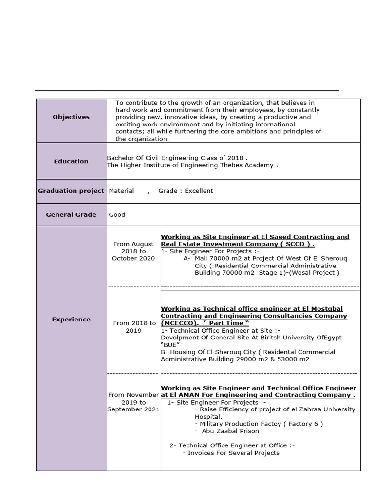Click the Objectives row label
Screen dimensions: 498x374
point(71,117)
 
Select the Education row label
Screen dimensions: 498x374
point(71,161)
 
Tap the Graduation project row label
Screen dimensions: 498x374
point(71,191)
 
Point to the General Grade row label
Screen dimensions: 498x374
point(71,214)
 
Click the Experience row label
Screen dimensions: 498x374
point(71,320)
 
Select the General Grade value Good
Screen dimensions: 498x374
point(117,214)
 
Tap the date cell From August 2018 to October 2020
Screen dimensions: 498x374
point(133,251)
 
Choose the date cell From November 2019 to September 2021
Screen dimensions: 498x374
point(133,402)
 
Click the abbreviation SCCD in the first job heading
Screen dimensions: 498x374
point(294,244)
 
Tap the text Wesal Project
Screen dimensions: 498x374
point(317,273)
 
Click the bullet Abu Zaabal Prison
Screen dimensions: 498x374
point(229,431)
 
